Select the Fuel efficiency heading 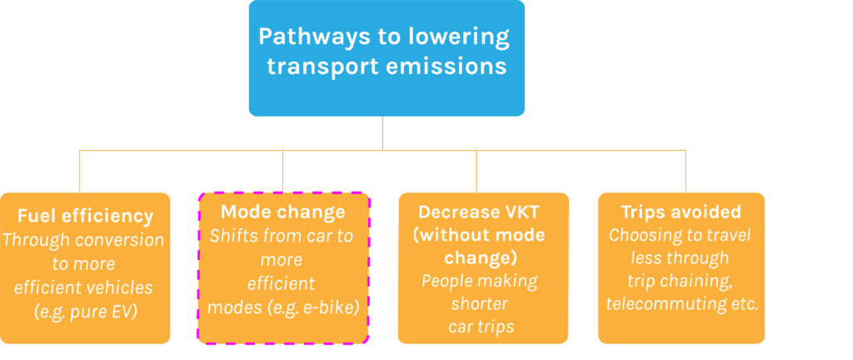85,217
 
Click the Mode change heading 282,212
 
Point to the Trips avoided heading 681,212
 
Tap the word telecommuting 660,304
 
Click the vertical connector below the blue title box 383,133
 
